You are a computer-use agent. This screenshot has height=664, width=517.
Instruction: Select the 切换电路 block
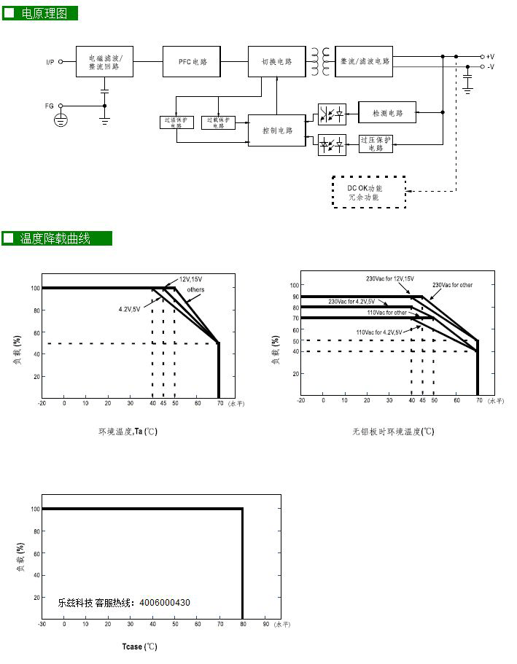tap(276, 62)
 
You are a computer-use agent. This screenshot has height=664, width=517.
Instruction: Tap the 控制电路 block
tap(276, 130)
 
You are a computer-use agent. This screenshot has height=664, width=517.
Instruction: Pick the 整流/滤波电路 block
tap(365, 61)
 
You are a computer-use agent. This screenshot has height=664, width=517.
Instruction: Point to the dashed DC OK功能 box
tap(368, 192)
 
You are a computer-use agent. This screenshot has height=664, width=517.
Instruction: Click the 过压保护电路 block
tap(376, 143)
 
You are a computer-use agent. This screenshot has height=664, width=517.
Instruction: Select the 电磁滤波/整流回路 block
tap(105, 62)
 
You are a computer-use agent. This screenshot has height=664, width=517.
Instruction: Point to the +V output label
tap(490, 56)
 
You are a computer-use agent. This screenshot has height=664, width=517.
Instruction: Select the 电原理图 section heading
tap(44, 13)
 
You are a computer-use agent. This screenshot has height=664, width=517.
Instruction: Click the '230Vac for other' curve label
tap(452, 285)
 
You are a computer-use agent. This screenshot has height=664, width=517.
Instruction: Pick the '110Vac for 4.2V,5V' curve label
tap(379, 332)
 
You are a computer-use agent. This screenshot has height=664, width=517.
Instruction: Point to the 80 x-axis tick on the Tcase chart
tap(242, 624)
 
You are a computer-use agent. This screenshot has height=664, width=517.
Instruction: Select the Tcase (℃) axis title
tap(139, 647)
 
